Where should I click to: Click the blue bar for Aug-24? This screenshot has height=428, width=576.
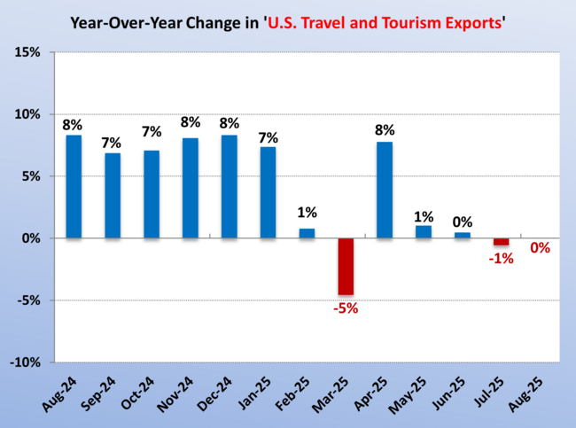click(x=74, y=186)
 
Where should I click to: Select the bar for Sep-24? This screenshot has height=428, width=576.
click(x=113, y=195)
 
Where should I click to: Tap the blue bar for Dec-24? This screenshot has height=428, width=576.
click(x=229, y=186)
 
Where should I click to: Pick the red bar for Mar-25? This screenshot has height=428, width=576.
click(x=345, y=266)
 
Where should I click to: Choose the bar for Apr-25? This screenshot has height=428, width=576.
click(x=385, y=190)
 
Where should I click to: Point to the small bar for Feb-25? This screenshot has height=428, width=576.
click(x=307, y=233)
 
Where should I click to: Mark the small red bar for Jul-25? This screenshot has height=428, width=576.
click(x=502, y=242)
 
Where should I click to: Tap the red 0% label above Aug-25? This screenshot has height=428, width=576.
click(x=540, y=248)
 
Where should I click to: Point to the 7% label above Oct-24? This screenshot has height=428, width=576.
click(x=152, y=132)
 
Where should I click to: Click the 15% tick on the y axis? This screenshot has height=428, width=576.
click(x=27, y=52)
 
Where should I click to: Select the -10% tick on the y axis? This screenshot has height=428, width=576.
click(x=24, y=362)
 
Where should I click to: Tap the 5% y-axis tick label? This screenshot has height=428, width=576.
click(x=31, y=176)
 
